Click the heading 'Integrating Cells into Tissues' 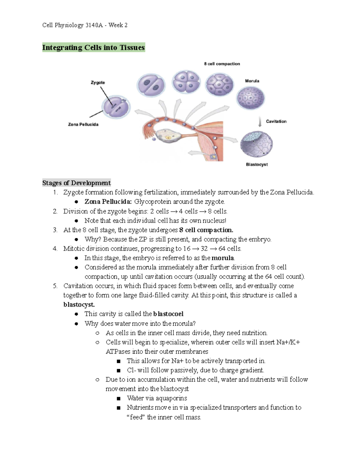point(93,47)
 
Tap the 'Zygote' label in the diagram point(98,83)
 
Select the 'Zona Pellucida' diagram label point(83,124)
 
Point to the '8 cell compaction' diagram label point(222,64)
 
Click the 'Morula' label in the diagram point(252,81)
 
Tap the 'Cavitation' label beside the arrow point(276,121)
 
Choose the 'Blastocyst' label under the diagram point(257,164)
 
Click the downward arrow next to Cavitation point(260,122)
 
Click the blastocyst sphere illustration point(256,144)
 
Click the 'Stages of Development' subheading point(76,183)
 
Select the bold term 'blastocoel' point(168,314)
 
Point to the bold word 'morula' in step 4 point(223,258)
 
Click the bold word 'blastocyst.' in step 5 point(79,305)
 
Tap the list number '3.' point(55,230)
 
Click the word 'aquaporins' point(171,398)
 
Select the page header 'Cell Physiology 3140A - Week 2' point(85,25)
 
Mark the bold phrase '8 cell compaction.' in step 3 point(206,230)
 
